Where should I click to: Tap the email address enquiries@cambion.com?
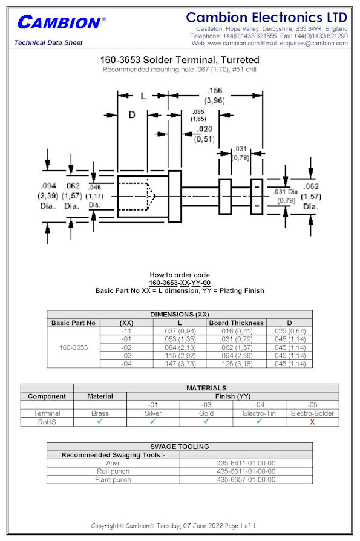313,43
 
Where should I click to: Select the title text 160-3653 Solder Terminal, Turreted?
180,60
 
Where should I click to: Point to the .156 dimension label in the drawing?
214,90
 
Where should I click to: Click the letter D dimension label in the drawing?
132,115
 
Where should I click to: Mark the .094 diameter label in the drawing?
48,186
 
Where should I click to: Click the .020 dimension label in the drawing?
205,129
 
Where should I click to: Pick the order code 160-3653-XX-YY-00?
180,283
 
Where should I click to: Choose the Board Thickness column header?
236,323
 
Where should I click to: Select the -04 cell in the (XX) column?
126,364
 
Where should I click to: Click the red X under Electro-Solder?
312,422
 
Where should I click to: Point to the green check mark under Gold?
206,421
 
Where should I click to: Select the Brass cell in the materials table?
100,413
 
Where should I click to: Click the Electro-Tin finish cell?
260,413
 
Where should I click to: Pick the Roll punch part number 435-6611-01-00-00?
246,471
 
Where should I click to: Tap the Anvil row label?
113,463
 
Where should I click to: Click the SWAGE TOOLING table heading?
180,447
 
